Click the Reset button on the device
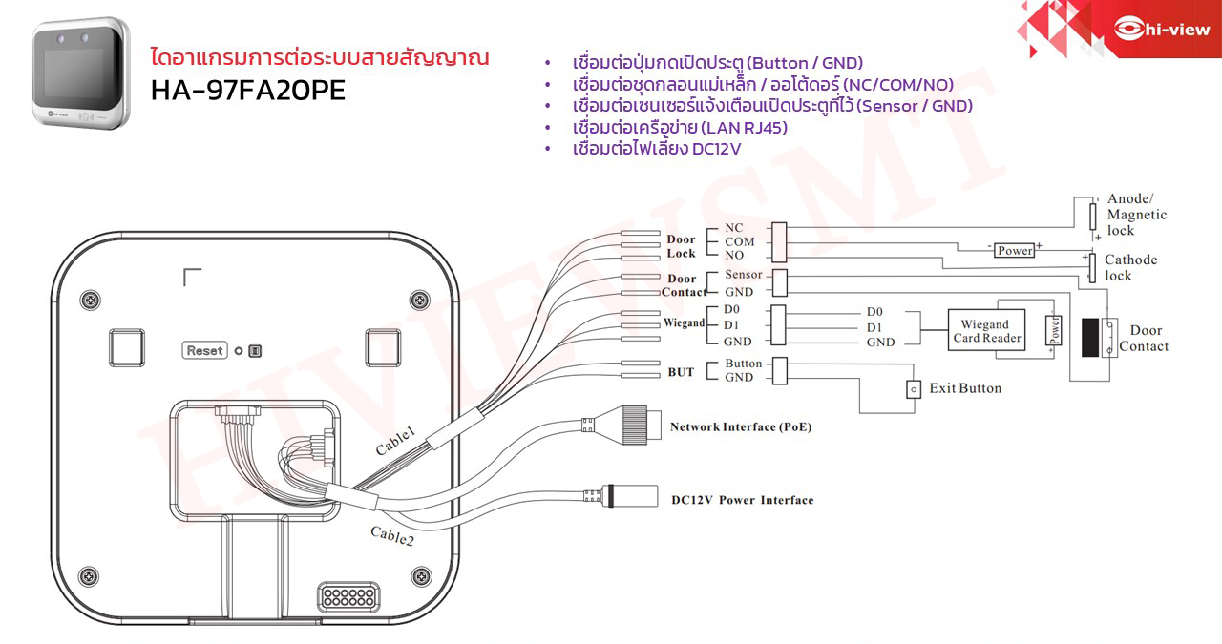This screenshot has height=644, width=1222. coord(204,350)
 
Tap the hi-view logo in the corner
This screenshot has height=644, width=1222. coord(1162,29)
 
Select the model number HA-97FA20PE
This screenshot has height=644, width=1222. coord(248,91)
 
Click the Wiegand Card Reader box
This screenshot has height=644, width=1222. coord(986,331)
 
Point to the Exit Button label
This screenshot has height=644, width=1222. coord(965,388)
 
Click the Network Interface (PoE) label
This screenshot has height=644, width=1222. coord(741,427)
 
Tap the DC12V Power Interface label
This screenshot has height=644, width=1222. coord(743,500)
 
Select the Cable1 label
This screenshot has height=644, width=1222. coord(395,442)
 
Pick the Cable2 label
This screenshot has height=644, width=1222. coord(392,537)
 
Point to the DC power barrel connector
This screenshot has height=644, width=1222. coord(630,496)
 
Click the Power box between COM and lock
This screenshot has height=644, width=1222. coord(1014,250)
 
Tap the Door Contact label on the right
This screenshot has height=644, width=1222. coord(1144,339)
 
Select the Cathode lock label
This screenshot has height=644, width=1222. coord(1130,267)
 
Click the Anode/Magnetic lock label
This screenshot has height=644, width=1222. coord(1136,215)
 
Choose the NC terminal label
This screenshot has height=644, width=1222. coord(733,227)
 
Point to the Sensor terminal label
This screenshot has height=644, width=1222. coord(743,275)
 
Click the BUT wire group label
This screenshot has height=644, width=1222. coord(681,372)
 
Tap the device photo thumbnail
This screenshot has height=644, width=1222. coord(81,73)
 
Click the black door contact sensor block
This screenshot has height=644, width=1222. coord(1089,337)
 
